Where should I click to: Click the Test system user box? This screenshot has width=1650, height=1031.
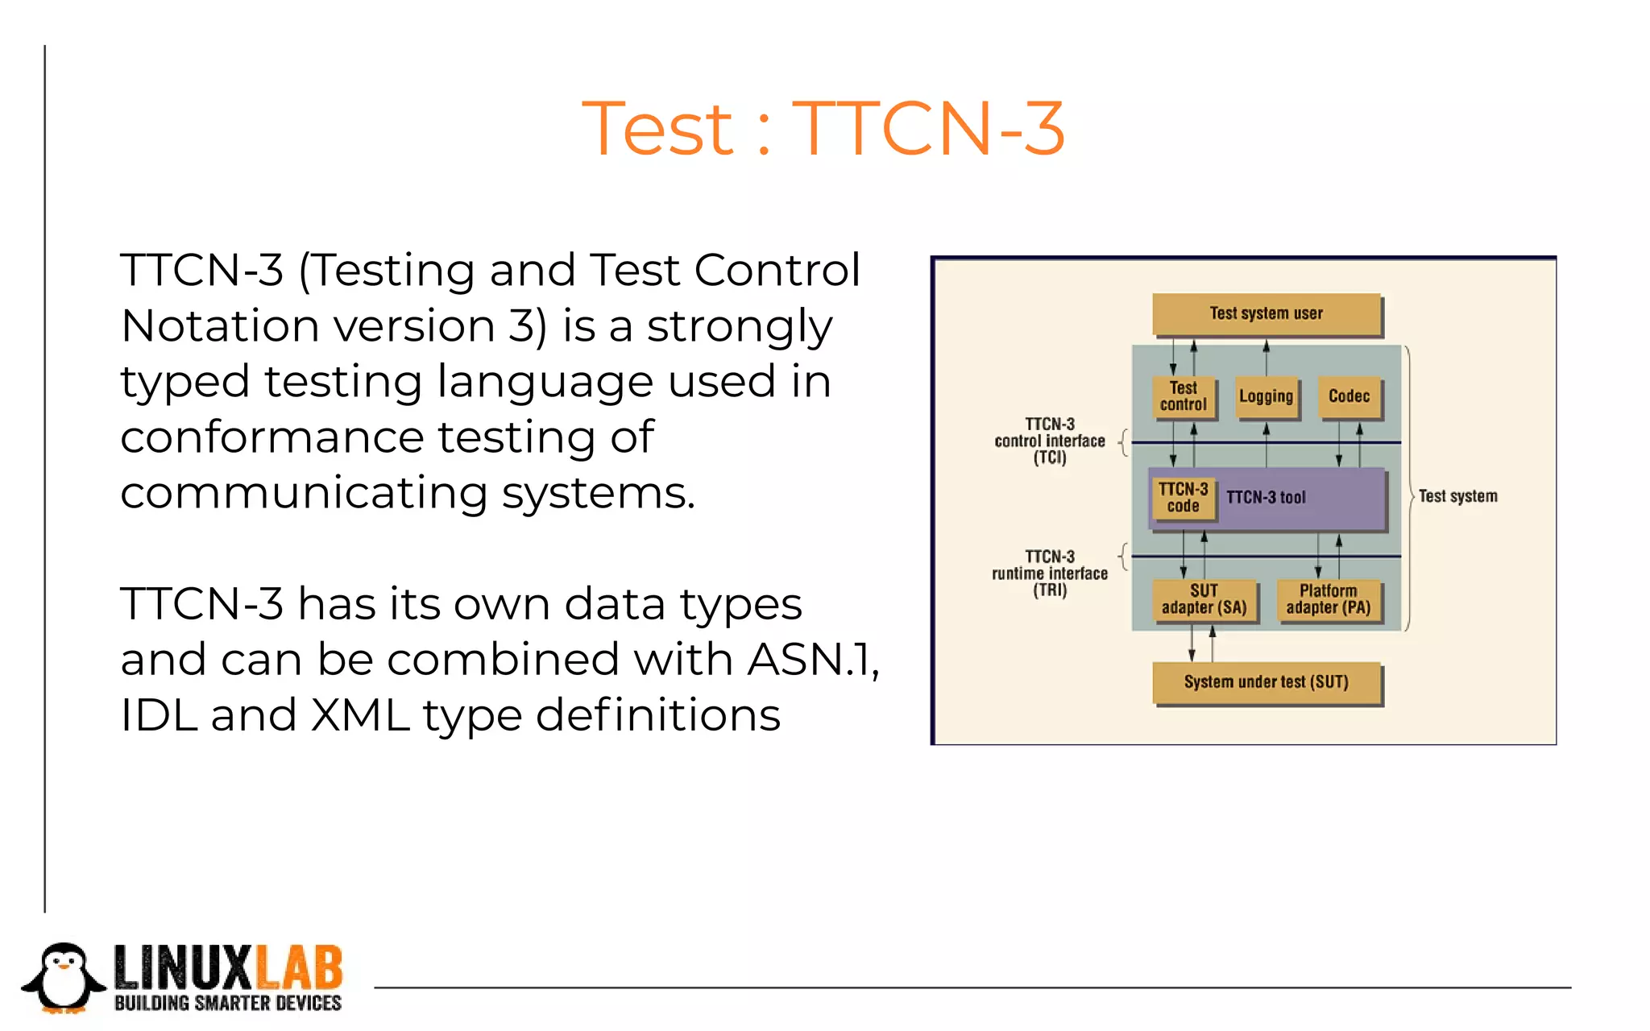(1266, 313)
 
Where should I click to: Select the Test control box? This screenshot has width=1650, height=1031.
(1183, 396)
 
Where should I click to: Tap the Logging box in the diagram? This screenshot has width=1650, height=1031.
(1266, 396)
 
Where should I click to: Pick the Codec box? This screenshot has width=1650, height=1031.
(1349, 396)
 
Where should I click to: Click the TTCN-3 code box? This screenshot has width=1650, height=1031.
(1183, 498)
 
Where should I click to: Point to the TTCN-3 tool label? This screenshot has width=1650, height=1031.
(1266, 498)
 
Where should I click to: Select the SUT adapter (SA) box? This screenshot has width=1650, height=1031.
(1204, 599)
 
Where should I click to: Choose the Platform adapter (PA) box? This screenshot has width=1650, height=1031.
(1328, 599)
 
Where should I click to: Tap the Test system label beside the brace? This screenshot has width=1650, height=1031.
(1457, 496)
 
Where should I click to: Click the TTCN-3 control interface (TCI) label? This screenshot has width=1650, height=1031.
(1050, 441)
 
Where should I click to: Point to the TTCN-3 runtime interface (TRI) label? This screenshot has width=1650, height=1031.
(1050, 573)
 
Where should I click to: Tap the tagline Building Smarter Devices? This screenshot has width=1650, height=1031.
(228, 1004)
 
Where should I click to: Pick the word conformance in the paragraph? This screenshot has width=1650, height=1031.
(272, 437)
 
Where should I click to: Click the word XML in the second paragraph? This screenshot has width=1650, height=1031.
(360, 715)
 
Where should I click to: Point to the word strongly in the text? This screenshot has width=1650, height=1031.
(739, 326)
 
